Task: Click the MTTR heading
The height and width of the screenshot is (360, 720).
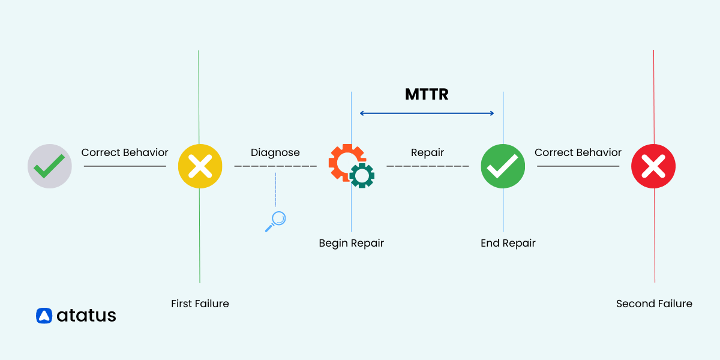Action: [x=427, y=94]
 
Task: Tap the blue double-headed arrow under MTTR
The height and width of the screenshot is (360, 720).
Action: [x=427, y=113]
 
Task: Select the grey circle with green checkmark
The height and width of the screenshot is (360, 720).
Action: [x=50, y=166]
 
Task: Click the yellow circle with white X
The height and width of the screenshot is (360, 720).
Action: [x=200, y=166]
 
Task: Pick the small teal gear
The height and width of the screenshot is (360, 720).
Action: [x=362, y=175]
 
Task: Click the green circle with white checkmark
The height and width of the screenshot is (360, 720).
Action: [x=503, y=166]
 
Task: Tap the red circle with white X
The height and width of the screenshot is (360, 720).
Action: [x=653, y=166]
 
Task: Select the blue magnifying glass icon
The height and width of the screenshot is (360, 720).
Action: [x=275, y=221]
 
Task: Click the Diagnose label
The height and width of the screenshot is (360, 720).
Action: [x=275, y=152]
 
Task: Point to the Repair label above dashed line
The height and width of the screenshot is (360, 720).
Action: [x=427, y=152]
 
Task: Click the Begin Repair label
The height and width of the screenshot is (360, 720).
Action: [x=351, y=243]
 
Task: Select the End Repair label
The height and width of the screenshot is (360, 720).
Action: [x=508, y=243]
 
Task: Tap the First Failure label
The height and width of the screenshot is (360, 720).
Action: [x=200, y=304]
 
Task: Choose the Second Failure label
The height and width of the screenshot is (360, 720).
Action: [x=654, y=304]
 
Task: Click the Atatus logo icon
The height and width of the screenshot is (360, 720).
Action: [x=44, y=316]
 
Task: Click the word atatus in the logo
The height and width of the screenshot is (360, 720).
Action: [x=86, y=316]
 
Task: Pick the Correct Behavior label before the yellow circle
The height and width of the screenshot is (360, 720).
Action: [x=125, y=152]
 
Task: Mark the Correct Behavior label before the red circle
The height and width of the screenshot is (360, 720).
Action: [x=578, y=152]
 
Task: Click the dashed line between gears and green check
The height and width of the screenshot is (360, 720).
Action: [x=427, y=166]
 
